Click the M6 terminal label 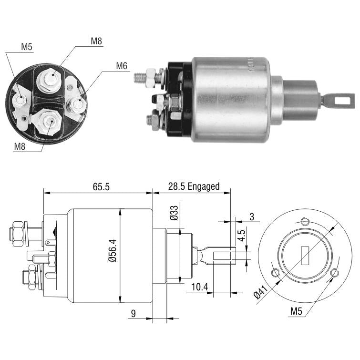coord(122,66)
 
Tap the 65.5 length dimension coord(101,186)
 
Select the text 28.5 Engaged coord(194,186)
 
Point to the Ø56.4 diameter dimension coord(113,250)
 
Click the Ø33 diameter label coord(174,213)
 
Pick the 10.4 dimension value coord(199,287)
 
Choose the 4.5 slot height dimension coord(241,236)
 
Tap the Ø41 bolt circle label coord(261,292)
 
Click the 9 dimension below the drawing coord(134,313)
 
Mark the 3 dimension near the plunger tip coord(252,216)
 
